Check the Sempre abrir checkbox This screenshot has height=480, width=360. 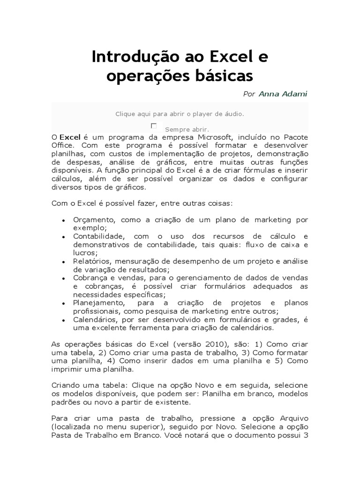tap(154, 126)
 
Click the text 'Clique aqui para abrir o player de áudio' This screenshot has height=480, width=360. tap(180, 113)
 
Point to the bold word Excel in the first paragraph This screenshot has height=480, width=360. tap(70, 136)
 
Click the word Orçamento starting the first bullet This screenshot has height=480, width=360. tap(94, 219)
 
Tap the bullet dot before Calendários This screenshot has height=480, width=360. tap(63, 320)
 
